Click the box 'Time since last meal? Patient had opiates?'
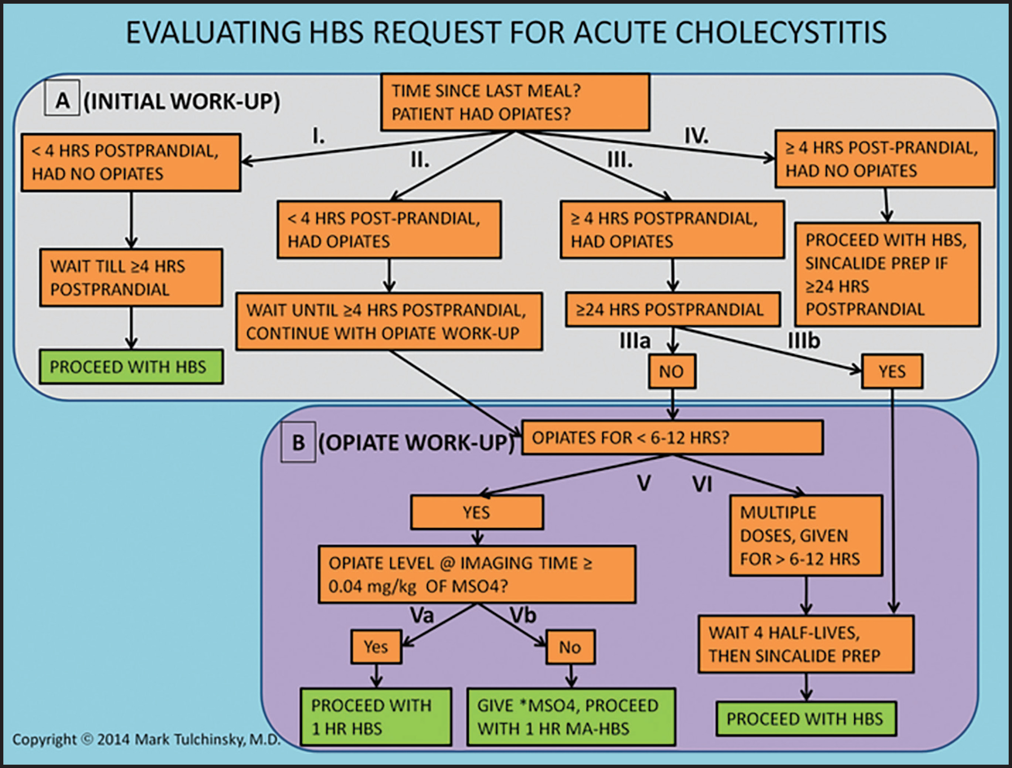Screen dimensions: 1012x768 [515, 102]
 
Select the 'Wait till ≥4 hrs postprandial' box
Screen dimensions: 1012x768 [131, 278]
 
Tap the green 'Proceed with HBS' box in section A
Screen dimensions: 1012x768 [131, 366]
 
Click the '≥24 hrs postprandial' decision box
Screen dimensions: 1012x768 [673, 310]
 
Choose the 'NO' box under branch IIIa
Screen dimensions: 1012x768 [672, 371]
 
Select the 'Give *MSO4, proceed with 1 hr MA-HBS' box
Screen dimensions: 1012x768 [571, 717]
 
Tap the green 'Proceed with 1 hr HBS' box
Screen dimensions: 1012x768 [376, 717]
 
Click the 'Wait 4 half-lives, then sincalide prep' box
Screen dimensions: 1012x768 [806, 644]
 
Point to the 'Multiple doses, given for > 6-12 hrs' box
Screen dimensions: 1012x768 [806, 535]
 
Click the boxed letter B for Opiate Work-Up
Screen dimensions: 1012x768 [298, 442]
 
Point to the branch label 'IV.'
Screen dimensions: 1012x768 [696, 136]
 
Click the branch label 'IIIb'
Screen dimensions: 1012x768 [804, 341]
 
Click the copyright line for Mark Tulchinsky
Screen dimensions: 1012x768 [146, 739]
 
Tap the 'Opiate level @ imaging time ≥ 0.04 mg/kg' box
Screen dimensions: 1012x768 [477, 574]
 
